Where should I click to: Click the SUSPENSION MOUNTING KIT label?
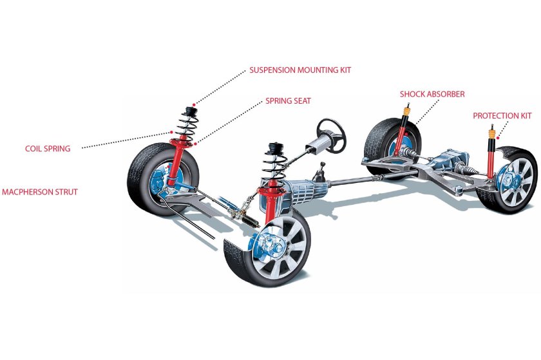(x=300, y=70)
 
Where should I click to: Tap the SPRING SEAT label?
(x=288, y=101)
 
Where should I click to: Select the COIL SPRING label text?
(x=48, y=148)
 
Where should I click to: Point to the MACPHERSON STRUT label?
(x=40, y=192)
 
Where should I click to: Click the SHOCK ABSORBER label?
(x=432, y=94)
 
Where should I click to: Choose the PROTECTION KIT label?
(x=502, y=116)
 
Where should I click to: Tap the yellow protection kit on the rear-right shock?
(x=491, y=135)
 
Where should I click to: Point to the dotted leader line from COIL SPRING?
(x=122, y=141)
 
